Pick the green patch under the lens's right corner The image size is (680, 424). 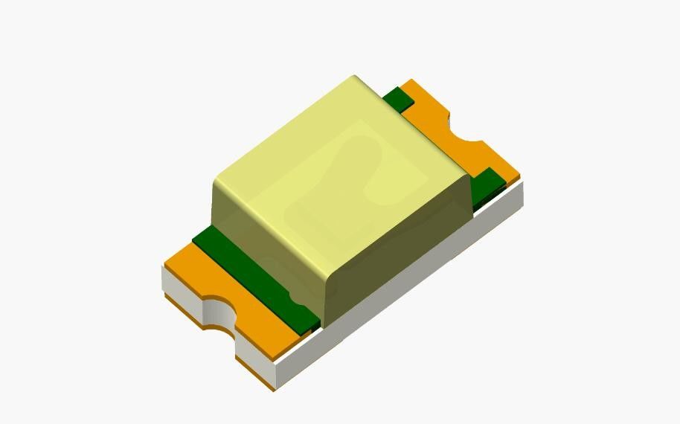(487, 186)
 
